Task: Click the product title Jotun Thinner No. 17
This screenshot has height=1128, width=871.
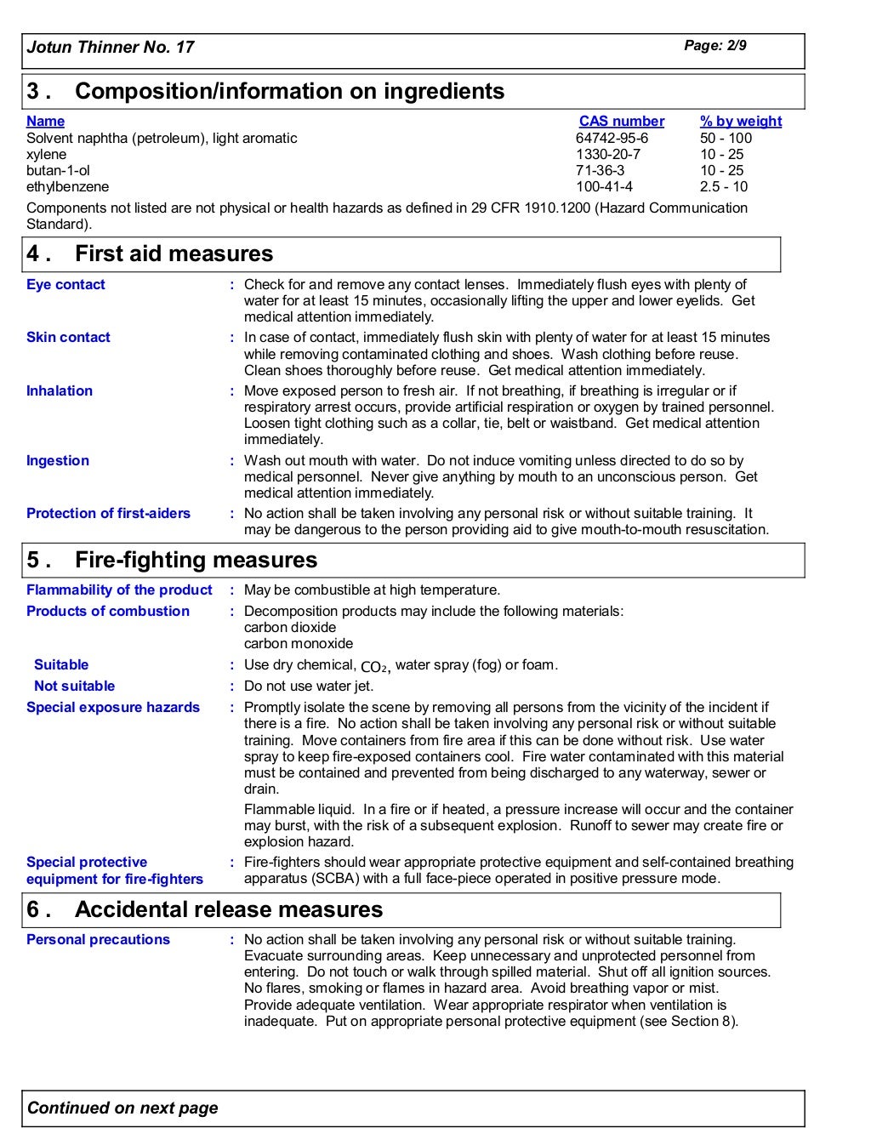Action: pyautogui.click(x=111, y=48)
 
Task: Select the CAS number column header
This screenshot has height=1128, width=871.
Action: pyautogui.click(x=621, y=122)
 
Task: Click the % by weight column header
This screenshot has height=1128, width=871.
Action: pyautogui.click(x=740, y=122)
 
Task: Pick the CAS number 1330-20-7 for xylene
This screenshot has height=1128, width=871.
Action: pyautogui.click(x=607, y=154)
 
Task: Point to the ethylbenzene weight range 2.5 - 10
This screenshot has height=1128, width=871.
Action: pyautogui.click(x=723, y=186)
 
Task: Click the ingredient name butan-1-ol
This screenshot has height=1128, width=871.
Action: pyautogui.click(x=58, y=170)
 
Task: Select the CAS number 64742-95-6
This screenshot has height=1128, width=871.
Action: pyautogui.click(x=611, y=138)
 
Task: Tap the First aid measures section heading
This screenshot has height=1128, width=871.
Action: pyautogui.click(x=174, y=254)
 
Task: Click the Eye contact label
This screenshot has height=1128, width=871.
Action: pyautogui.click(x=65, y=285)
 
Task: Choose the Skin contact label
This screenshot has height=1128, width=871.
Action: pyautogui.click(x=68, y=338)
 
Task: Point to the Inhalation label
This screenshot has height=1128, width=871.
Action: pyautogui.click(x=60, y=391)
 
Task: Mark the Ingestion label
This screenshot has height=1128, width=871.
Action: pyautogui.click(x=57, y=461)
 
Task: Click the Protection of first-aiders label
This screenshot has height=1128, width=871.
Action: pyautogui.click(x=108, y=514)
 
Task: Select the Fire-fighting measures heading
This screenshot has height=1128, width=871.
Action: pyautogui.click(x=196, y=560)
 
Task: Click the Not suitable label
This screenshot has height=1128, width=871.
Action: pyautogui.click(x=74, y=686)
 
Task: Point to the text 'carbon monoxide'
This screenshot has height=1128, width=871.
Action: pyautogui.click(x=298, y=644)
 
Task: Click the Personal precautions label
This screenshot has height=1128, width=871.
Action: pyautogui.click(x=98, y=940)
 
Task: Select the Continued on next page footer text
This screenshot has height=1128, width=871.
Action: pyautogui.click(x=122, y=1108)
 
